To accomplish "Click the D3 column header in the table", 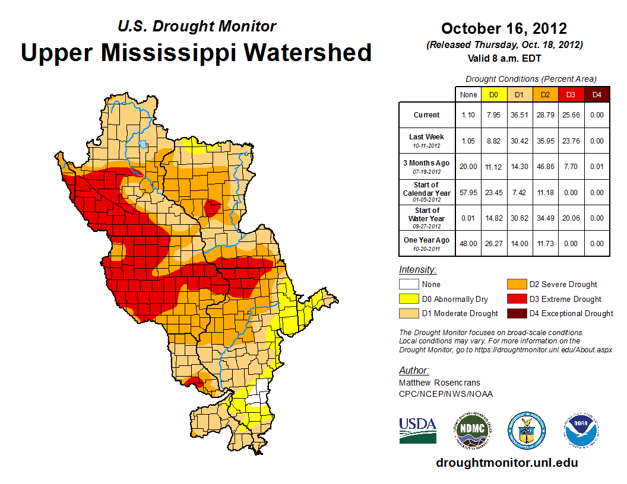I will click(571, 94).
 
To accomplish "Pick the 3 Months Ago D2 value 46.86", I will click(545, 167).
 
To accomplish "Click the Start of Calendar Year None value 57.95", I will click(468, 193).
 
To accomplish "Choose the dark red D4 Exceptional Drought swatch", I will click(515, 313).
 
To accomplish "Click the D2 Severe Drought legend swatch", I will click(515, 284).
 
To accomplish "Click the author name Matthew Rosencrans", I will click(439, 383).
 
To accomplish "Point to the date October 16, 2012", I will click(504, 28).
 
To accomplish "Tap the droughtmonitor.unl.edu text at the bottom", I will click(506, 463).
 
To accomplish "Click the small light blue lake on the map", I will click(143, 144).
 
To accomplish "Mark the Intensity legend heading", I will click(417, 270).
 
